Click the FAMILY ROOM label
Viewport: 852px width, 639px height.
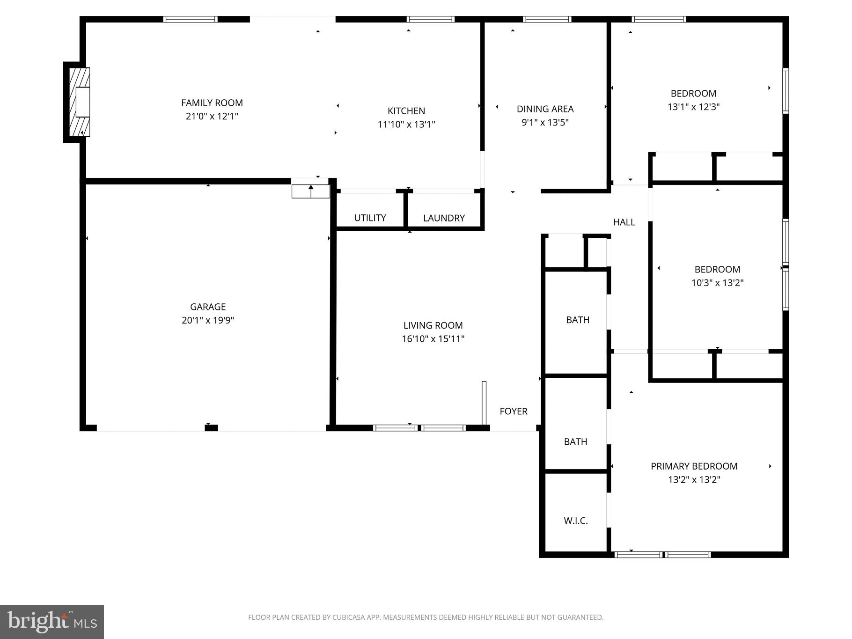click(212, 103)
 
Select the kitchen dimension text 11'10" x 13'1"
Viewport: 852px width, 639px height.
click(406, 125)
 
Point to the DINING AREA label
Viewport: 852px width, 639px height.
click(545, 109)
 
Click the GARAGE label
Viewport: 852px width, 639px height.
click(208, 307)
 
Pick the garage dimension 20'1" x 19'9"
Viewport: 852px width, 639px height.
click(208, 320)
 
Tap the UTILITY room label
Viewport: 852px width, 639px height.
click(370, 218)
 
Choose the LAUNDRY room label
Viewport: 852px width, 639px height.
click(444, 218)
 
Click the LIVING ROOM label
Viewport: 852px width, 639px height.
click(433, 325)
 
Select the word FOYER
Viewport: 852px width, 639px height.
click(514, 411)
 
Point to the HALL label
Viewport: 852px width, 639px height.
click(624, 222)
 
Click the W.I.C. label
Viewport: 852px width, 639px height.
click(576, 521)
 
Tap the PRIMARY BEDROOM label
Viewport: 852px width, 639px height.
click(694, 466)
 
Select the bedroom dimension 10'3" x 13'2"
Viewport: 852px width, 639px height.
click(717, 283)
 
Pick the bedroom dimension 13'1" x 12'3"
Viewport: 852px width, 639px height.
click(693, 107)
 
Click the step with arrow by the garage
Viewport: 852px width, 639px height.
click(311, 191)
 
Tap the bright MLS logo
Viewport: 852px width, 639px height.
click(52, 622)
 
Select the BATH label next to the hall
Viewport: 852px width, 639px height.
click(578, 320)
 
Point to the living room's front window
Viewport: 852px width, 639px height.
click(419, 427)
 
